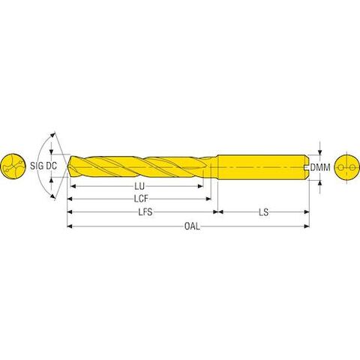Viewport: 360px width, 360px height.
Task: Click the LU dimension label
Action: (139, 186)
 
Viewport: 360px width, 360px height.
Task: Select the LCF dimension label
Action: (141, 199)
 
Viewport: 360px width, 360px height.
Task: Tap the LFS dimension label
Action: (145, 212)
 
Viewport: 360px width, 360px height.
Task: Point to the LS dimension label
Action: (263, 212)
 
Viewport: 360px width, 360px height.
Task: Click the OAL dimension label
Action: (192, 226)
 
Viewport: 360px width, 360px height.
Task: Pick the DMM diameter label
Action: (320, 167)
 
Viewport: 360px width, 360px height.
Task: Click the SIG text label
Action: (36, 166)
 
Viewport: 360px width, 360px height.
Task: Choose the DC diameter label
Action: (52, 166)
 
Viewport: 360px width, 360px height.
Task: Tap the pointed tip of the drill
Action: (67, 166)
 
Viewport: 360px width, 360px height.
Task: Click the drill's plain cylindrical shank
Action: (263, 167)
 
